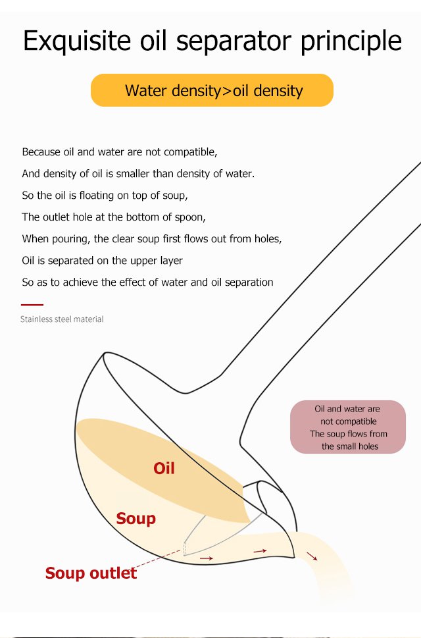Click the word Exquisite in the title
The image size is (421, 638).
click(x=77, y=41)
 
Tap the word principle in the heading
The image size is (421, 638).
click(x=351, y=41)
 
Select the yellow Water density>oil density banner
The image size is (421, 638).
click(x=212, y=90)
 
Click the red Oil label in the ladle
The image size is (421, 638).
click(x=164, y=468)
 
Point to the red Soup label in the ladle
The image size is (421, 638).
click(x=136, y=519)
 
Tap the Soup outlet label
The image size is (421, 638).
click(x=91, y=573)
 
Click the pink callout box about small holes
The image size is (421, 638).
click(x=348, y=427)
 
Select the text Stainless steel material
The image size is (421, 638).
click(x=62, y=319)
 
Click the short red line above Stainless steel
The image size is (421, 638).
click(x=32, y=304)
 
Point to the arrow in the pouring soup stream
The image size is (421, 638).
click(x=312, y=556)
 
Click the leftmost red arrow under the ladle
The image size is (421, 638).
click(x=207, y=558)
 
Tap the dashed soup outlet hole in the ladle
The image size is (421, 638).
click(x=185, y=548)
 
